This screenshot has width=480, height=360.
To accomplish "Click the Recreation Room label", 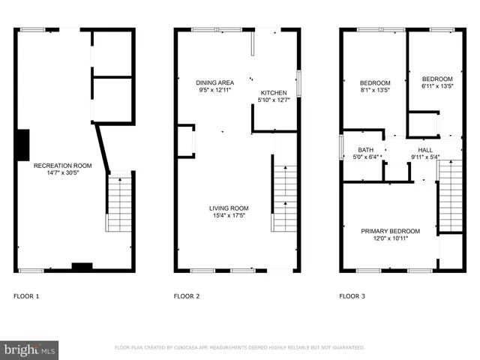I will click(62, 165).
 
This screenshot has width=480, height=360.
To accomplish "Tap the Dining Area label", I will click(214, 82).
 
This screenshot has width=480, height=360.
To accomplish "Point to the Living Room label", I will click(229, 208).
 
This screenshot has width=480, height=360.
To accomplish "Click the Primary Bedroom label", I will click(390, 231).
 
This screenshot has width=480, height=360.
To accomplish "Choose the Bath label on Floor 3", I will click(365, 150).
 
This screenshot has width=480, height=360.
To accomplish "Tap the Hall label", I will click(425, 150).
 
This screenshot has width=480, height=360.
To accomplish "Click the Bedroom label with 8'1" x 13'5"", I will click(374, 82).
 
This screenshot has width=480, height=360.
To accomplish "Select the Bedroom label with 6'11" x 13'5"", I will click(436, 79).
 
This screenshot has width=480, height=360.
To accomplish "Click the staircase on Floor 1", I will click(120, 203).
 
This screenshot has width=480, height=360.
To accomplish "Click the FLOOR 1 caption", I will click(26, 296).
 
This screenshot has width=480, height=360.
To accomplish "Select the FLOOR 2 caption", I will click(187, 296).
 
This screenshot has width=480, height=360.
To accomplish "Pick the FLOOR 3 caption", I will click(352, 296).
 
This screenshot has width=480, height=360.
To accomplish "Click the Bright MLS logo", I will click(30, 349).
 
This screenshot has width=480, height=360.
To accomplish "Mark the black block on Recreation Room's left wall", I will click(23, 142).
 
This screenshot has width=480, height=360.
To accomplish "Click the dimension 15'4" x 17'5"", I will click(229, 216).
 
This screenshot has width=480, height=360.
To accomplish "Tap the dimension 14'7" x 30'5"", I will click(62, 172).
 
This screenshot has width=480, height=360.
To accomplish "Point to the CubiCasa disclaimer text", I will click(239, 348).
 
